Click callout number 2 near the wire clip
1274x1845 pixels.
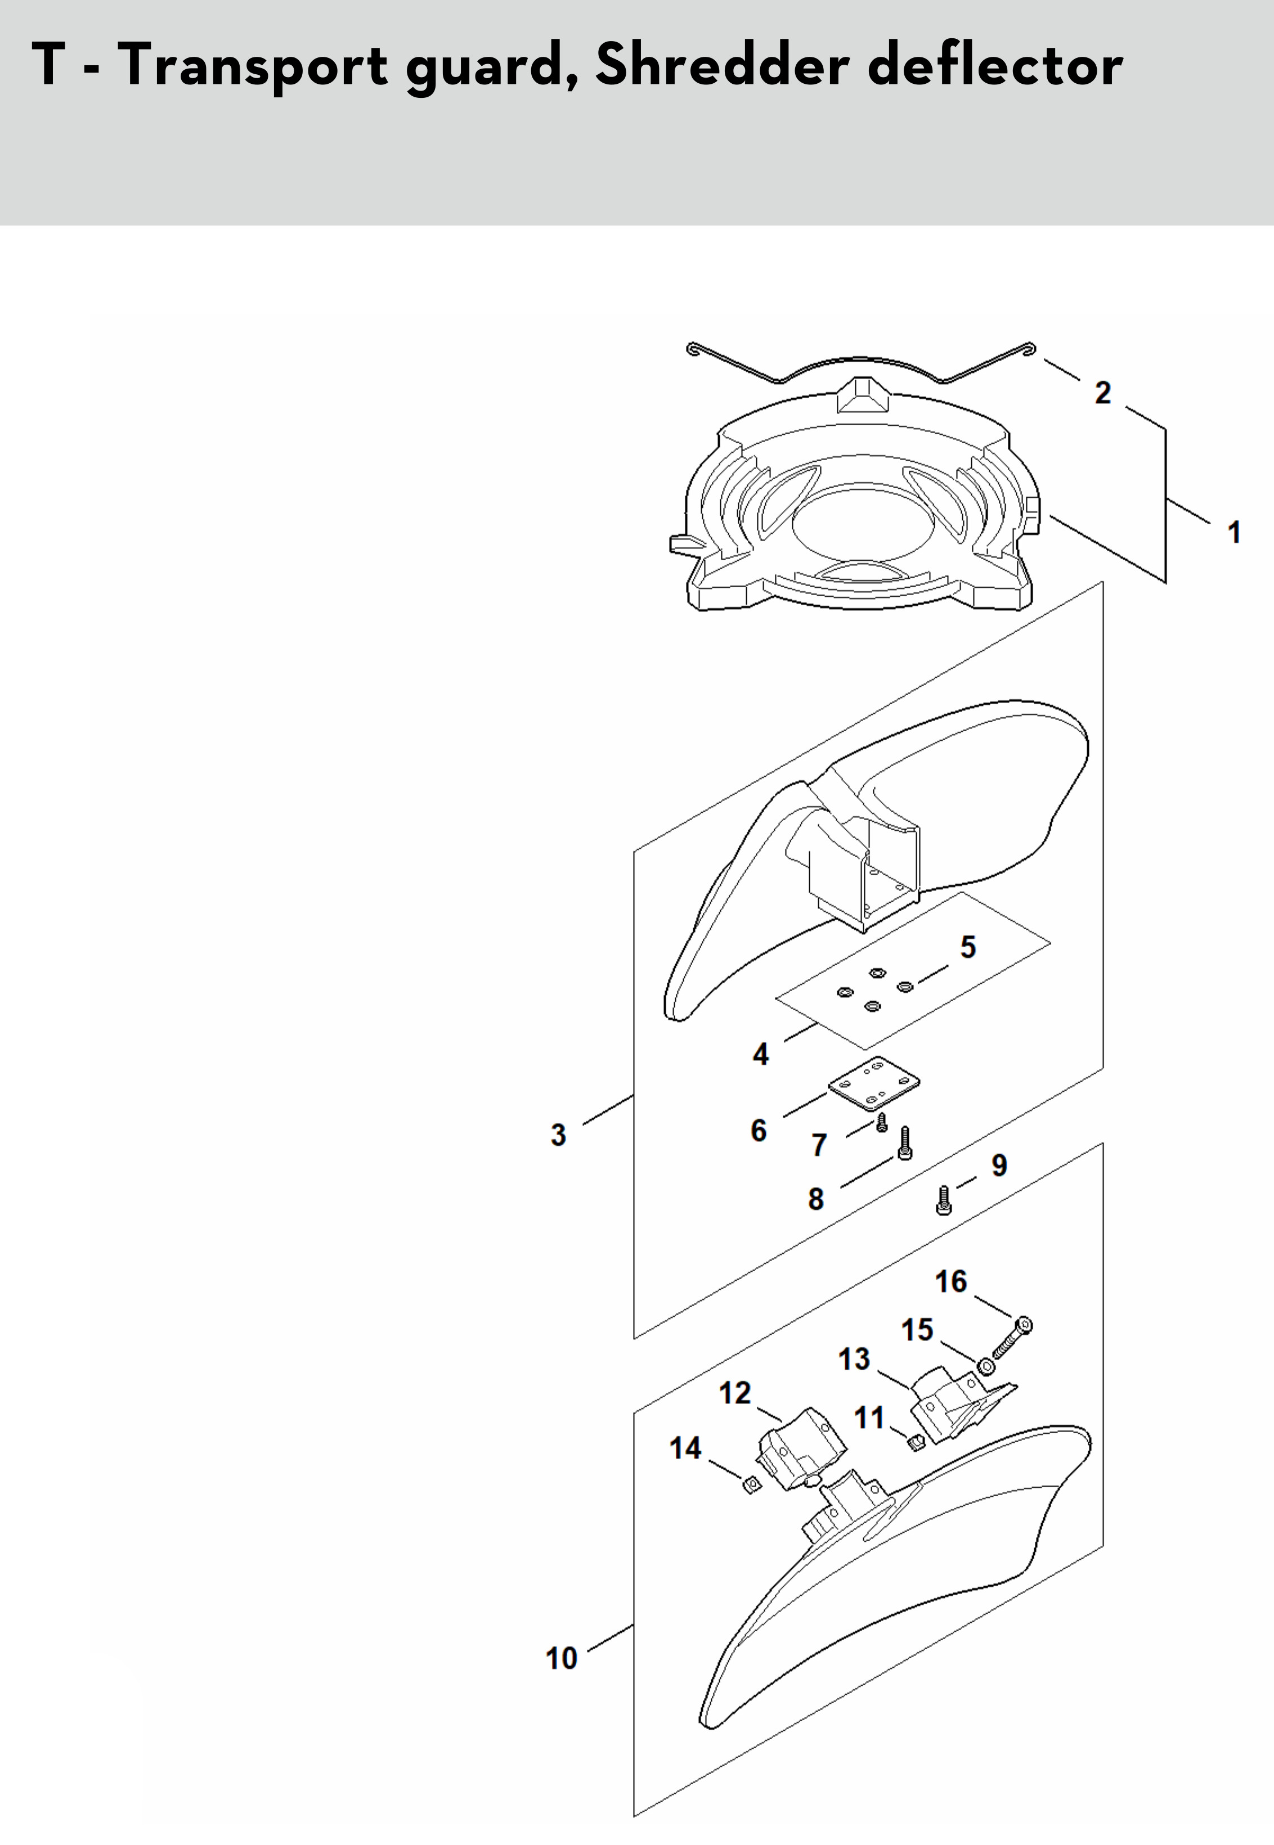point(1102,393)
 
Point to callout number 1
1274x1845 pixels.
point(1234,532)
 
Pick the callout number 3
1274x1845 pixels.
point(559,1134)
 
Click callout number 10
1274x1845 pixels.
point(561,1658)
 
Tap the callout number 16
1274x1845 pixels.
point(950,1281)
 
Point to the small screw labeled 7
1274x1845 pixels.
point(881,1124)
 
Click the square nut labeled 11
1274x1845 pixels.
point(916,1441)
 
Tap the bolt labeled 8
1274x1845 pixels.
point(904,1144)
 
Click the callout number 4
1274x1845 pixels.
point(761,1054)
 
